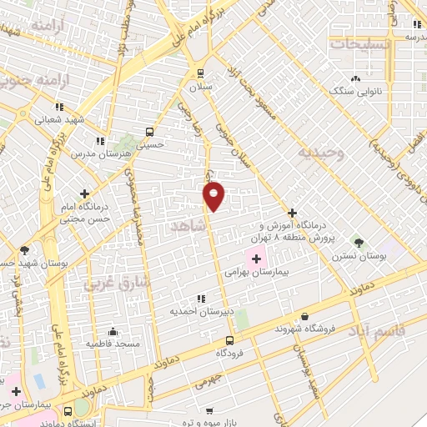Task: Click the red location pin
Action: coord(214,195)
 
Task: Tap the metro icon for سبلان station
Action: coord(198,72)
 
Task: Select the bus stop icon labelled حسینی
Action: coord(150,132)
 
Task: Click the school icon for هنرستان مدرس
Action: coord(100,142)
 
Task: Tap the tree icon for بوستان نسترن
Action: coord(359,241)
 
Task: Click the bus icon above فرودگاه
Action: coord(230,340)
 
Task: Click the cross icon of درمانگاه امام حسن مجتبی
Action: coord(84,193)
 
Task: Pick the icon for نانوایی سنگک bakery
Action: coord(355,78)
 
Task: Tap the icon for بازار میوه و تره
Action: coord(208,412)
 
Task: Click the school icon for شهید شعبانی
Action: coord(58,107)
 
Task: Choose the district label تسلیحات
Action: coord(359,43)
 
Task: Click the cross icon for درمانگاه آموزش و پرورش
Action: coord(292,213)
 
